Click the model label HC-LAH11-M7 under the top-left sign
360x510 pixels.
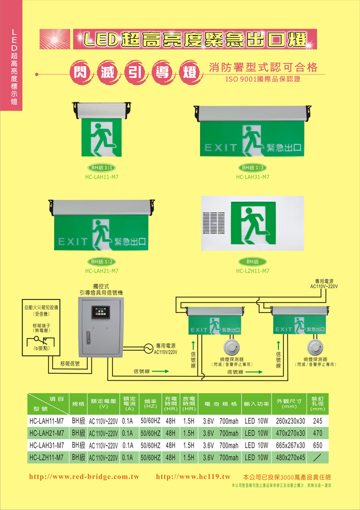[x=101, y=176]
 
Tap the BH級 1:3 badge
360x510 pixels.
[x=252, y=167]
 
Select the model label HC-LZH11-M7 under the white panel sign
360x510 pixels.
[x=252, y=271]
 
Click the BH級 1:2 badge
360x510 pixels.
[x=101, y=261]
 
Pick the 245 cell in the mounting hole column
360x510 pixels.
[x=317, y=421]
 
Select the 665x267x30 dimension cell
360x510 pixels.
[x=290, y=445]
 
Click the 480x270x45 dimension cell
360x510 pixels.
[x=290, y=457]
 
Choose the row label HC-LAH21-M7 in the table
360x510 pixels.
[x=46, y=433]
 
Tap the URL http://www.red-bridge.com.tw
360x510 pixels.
[x=84, y=477]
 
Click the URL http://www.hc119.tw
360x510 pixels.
[x=193, y=477]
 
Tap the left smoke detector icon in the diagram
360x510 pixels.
[x=231, y=348]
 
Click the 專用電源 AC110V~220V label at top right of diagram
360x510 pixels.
[x=324, y=283]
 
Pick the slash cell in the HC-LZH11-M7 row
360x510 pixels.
[x=317, y=457]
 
